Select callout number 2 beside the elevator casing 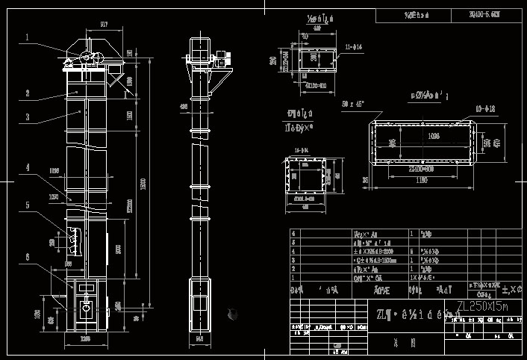(x=27, y=93)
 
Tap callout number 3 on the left (x=27, y=117)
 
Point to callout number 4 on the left (x=27, y=169)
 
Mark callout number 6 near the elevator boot (x=27, y=257)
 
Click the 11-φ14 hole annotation (x=354, y=47)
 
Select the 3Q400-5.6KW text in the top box (x=485, y=14)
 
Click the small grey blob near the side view (x=232, y=314)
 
